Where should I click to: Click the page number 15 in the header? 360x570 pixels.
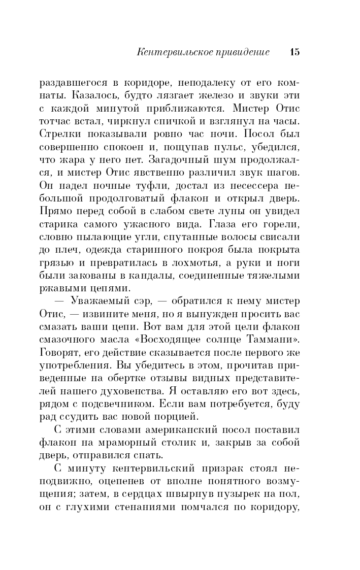(294, 52)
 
